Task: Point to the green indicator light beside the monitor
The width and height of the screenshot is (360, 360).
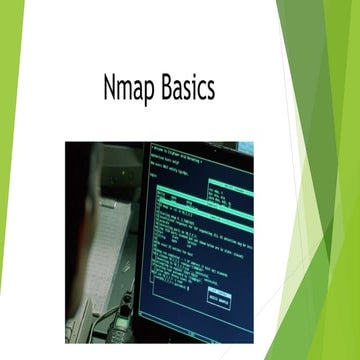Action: [125, 172]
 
